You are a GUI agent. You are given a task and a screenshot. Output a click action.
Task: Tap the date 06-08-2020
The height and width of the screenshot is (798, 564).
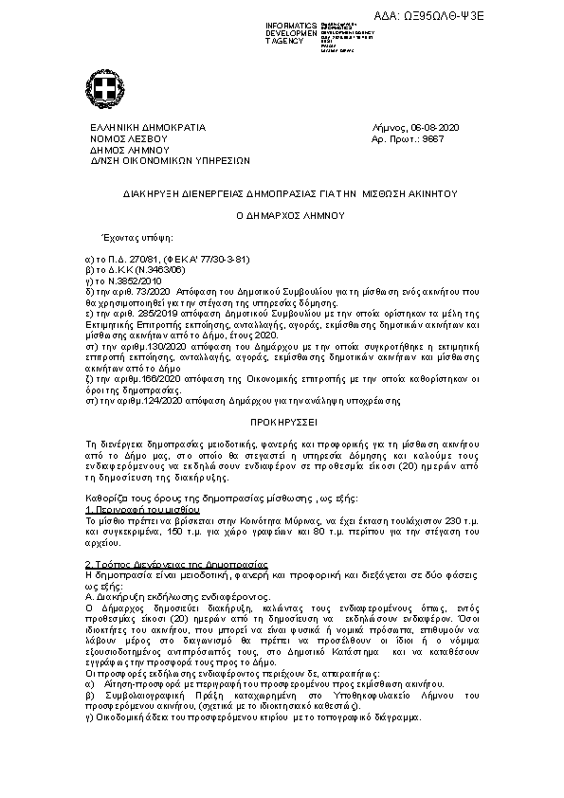tap(434, 128)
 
